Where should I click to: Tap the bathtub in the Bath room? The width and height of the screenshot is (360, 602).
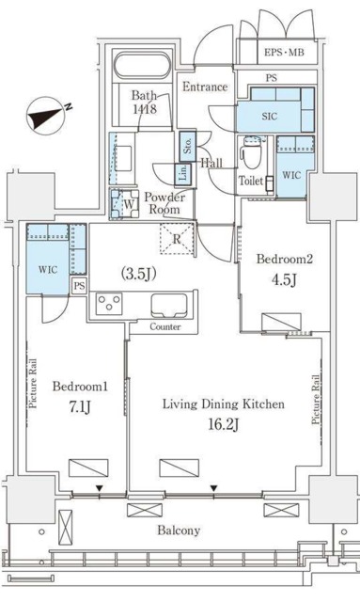[142, 66]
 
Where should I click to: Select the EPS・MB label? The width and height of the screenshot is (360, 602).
[284, 53]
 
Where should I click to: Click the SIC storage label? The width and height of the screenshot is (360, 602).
[270, 117]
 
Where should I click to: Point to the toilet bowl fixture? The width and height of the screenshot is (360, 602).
[250, 152]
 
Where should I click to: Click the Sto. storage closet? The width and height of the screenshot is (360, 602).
[188, 146]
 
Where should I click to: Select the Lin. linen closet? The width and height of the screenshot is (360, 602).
[183, 173]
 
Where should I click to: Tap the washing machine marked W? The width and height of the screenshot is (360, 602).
[125, 203]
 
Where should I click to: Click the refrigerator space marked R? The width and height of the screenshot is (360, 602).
[177, 238]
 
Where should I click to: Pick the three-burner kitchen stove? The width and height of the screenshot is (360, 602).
[109, 304]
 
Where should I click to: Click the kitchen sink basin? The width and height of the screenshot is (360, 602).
[169, 306]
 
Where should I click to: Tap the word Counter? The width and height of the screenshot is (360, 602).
[165, 327]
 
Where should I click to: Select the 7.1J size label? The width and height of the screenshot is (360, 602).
[80, 407]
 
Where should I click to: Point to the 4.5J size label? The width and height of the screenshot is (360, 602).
[284, 279]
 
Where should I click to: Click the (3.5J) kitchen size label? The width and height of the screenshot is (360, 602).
[138, 274]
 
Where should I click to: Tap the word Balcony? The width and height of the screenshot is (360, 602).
[179, 531]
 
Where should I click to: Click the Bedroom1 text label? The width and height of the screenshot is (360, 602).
[80, 387]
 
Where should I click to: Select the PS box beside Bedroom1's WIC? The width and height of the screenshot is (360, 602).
[80, 286]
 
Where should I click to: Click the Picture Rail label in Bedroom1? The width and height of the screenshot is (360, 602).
[33, 384]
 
